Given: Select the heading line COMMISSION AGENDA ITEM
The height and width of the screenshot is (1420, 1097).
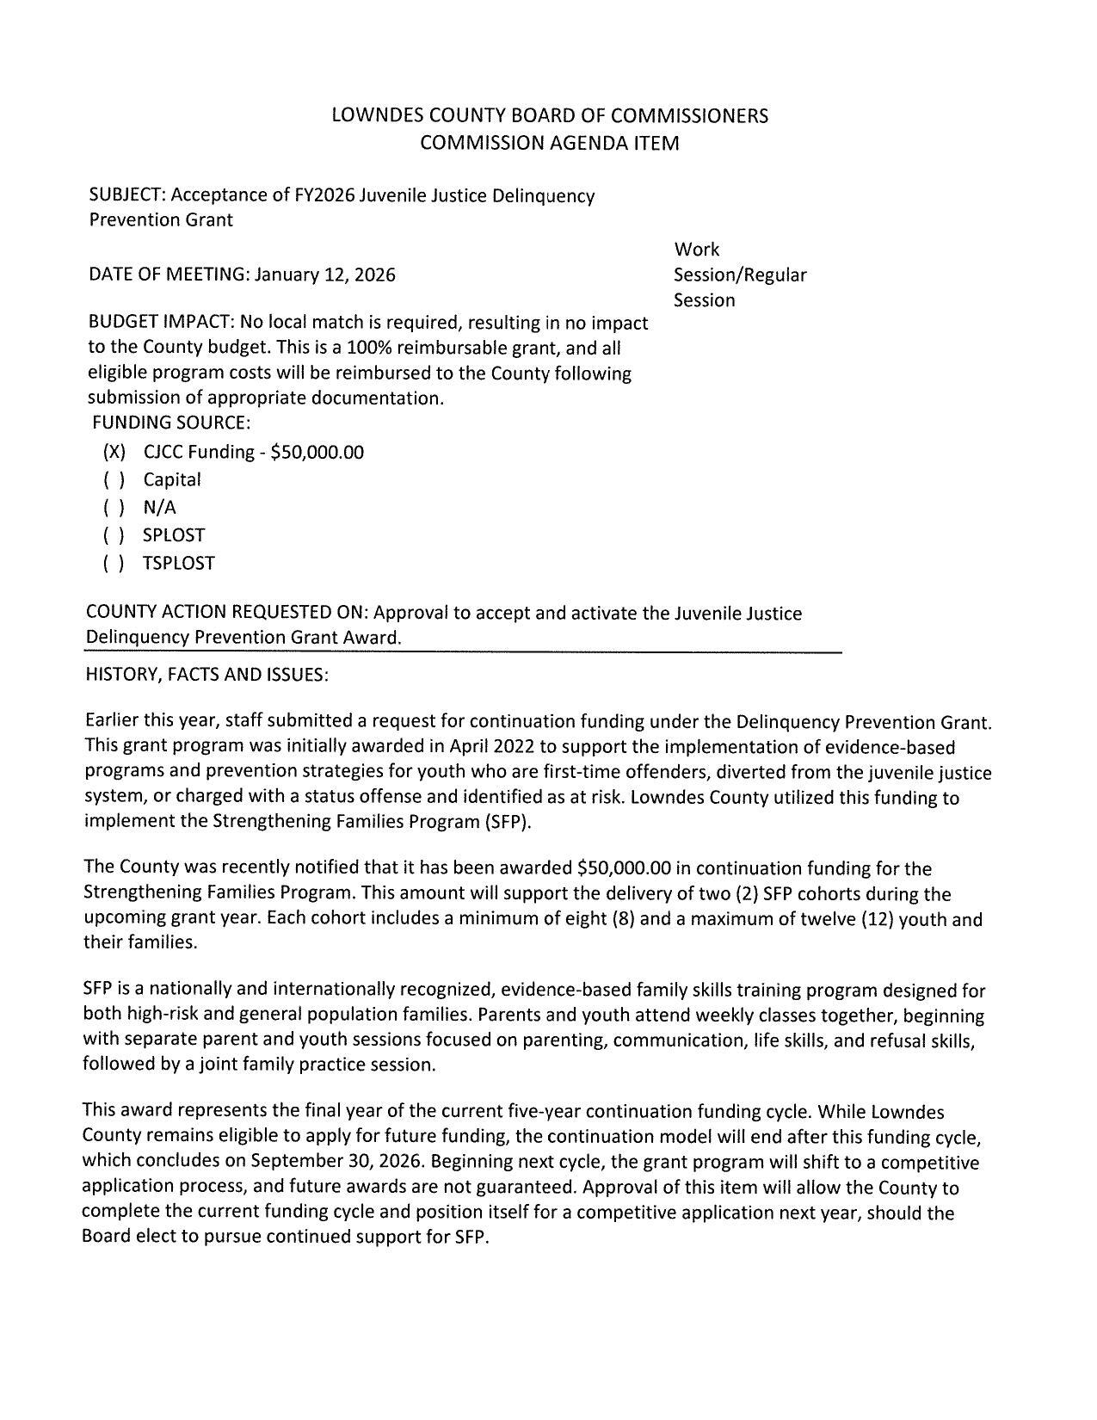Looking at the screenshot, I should point(549,143).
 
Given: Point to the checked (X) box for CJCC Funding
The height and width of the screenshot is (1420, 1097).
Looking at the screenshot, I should point(114,452).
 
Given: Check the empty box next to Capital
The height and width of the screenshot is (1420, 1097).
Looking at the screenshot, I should point(114,480).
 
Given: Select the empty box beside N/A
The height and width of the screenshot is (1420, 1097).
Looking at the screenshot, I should point(114,508).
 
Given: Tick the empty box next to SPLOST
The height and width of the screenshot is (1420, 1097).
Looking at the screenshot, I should point(114,535).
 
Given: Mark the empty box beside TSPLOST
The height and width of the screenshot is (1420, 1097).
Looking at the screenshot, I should point(114,564).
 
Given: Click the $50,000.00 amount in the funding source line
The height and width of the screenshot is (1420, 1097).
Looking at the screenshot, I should point(317,452).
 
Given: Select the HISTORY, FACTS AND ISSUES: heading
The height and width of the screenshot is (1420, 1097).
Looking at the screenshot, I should point(206,675).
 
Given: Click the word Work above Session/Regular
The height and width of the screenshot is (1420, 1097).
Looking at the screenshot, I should point(697,250).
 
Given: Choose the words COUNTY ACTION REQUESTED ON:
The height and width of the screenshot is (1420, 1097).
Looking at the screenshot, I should point(227,613).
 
